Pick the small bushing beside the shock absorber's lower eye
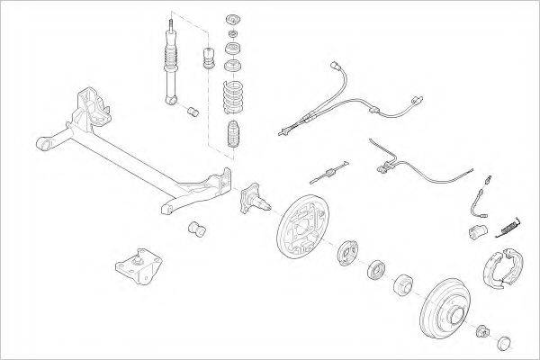(x=192, y=112)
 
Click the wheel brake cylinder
(x=478, y=234)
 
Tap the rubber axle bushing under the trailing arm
(x=199, y=229)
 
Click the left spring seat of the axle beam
(x=91, y=103)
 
